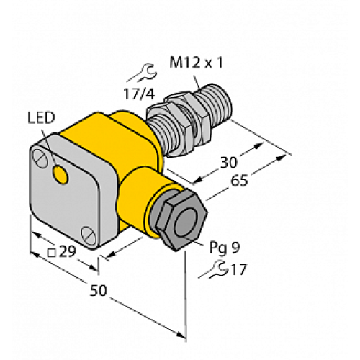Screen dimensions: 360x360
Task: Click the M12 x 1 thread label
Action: click(x=194, y=63)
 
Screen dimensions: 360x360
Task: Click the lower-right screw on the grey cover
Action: click(x=88, y=232)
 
